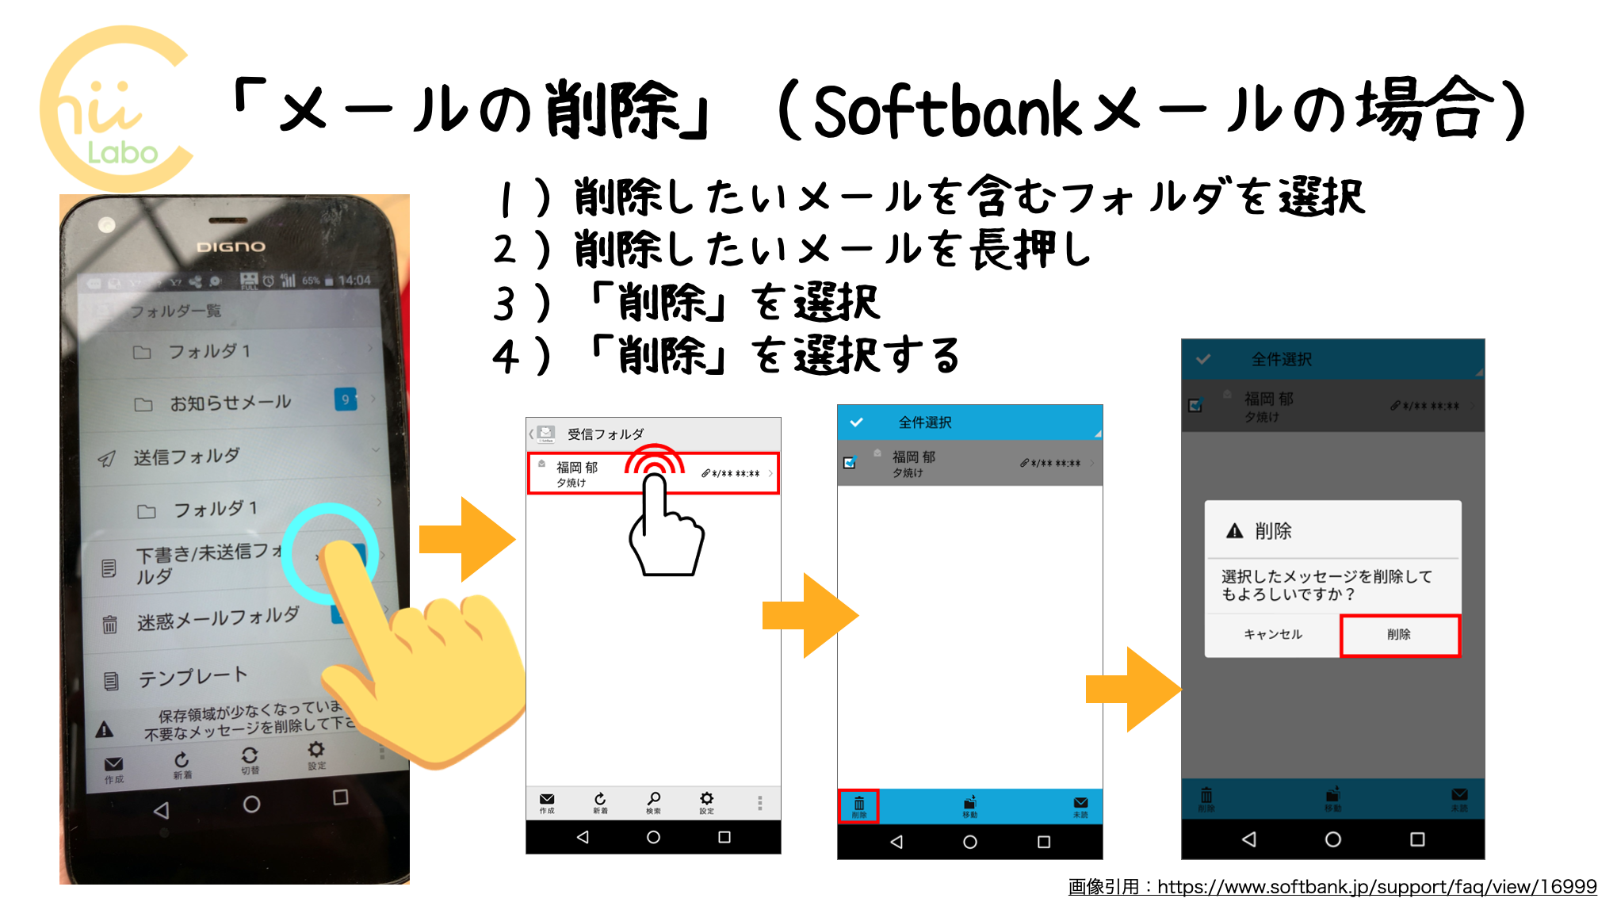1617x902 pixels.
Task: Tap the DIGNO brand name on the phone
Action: [231, 247]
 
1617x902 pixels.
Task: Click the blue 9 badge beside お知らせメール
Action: [345, 399]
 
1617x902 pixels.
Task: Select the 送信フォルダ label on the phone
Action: [186, 457]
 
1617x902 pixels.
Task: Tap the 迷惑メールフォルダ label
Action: [218, 618]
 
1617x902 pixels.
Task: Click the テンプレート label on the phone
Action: [193, 676]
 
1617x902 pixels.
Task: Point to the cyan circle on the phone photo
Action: [331, 552]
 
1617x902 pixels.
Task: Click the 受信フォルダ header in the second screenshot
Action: [606, 434]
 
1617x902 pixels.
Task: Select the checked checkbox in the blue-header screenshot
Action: [850, 463]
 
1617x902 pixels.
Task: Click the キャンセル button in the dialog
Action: [1273, 634]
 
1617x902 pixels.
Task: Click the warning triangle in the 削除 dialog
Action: [1234, 531]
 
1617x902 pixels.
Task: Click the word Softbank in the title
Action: [946, 112]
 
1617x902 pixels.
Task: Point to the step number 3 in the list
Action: [504, 304]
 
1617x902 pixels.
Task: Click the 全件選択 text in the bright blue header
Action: [924, 422]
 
